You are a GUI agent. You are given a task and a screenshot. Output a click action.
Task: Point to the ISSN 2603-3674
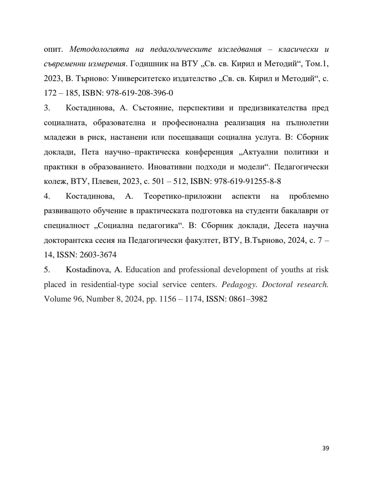coord(98,255)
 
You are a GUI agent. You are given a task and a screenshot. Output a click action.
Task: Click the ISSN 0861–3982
coord(248,299)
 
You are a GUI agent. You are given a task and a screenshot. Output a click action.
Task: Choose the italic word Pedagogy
coord(239,285)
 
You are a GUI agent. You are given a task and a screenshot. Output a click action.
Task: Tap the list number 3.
coord(47,108)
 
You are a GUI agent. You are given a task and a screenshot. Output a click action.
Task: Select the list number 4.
coord(47,196)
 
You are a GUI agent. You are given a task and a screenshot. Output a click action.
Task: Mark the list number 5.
coord(47,270)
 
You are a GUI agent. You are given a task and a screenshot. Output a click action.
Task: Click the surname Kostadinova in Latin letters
coord(87,270)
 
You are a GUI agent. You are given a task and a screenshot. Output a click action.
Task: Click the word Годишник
coord(149,64)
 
